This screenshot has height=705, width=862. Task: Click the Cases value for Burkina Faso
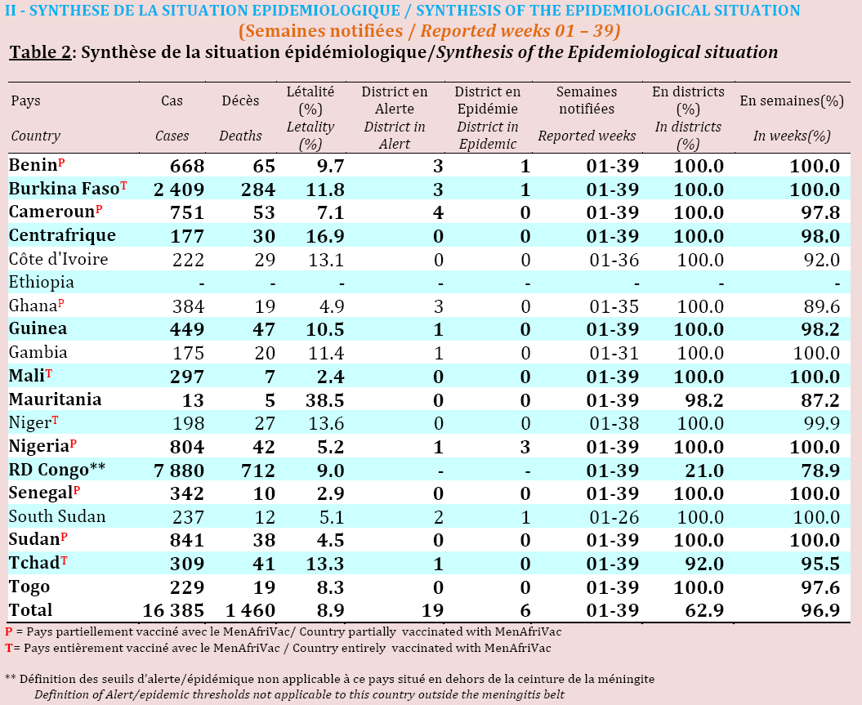[179, 190]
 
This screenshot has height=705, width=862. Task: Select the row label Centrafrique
[62, 235]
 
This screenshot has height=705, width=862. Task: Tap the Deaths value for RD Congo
[258, 471]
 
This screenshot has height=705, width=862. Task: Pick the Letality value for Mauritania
[325, 400]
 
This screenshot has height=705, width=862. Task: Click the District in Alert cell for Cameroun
[438, 212]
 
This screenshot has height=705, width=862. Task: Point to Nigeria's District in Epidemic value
[525, 447]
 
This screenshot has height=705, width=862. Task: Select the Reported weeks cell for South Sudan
[614, 517]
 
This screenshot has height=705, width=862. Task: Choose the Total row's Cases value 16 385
[173, 610]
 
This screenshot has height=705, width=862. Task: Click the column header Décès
[240, 100]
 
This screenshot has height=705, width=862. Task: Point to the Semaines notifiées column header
[587, 100]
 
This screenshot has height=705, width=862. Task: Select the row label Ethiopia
[41, 282]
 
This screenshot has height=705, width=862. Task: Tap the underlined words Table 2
[40, 52]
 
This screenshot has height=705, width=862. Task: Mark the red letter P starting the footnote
[9, 632]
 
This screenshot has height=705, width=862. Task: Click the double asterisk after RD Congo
[97, 468]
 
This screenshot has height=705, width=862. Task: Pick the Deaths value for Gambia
[265, 353]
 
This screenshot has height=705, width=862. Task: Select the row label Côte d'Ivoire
[58, 259]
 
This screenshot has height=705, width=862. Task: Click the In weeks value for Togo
[820, 587]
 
